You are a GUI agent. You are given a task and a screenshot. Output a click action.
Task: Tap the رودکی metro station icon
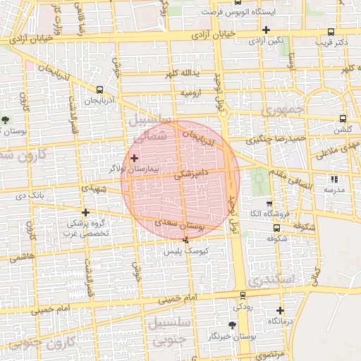click(243, 295)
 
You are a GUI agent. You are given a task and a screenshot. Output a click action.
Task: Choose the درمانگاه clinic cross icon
click(280, 310)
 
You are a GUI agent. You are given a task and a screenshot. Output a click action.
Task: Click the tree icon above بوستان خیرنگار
click(233, 325)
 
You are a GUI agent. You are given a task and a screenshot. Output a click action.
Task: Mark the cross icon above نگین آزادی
click(266, 30)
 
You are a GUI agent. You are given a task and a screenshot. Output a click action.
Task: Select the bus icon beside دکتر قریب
click(332, 32)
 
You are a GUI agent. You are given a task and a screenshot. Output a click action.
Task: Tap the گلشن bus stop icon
click(343, 118)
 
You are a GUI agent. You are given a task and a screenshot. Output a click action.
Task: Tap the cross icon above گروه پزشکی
click(86, 212)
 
